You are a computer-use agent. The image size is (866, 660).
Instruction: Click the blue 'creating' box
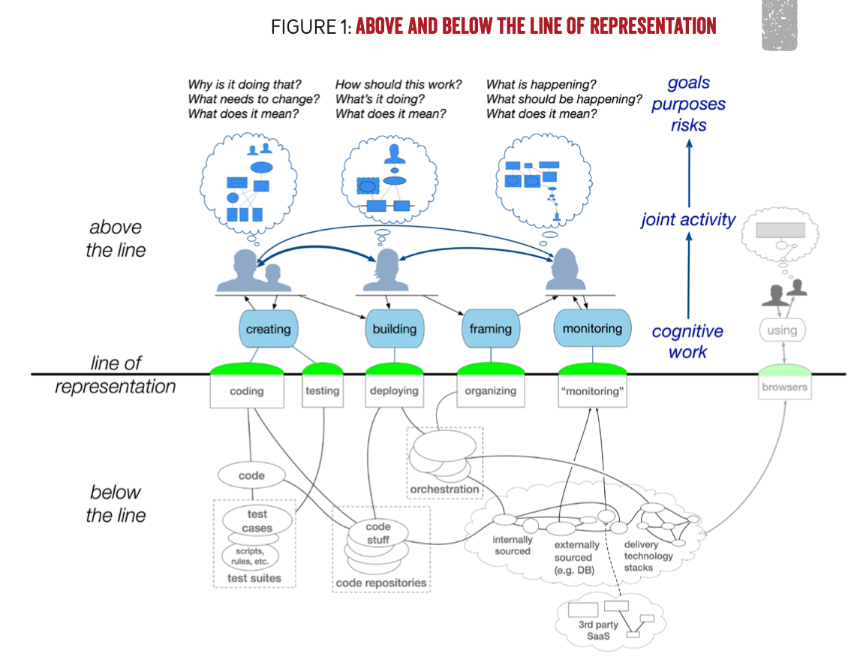269,329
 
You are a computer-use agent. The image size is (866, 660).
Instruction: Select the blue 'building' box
394,329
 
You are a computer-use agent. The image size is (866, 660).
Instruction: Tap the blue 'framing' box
491,329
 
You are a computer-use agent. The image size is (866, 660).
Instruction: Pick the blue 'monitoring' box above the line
592,328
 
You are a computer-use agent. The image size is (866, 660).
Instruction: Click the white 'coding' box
247,391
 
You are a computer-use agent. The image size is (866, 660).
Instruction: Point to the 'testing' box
323,390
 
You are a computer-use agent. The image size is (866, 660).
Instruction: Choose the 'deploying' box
394,390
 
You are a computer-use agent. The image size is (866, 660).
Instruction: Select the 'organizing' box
491,390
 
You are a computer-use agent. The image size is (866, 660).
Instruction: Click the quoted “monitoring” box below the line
592,390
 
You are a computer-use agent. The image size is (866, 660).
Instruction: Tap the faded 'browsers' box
784,387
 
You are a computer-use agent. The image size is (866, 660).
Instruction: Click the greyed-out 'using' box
782,330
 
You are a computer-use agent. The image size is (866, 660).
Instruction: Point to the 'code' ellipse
252,475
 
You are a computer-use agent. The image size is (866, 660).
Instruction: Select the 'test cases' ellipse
257,520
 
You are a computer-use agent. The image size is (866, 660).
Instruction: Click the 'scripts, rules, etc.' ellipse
250,556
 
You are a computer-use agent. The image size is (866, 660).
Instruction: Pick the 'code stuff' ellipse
377,533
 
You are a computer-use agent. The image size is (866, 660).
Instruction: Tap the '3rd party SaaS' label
598,630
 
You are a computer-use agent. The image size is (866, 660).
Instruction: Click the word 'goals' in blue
689,83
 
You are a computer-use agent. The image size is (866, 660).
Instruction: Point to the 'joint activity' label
688,219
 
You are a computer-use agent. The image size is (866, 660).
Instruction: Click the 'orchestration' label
444,490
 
